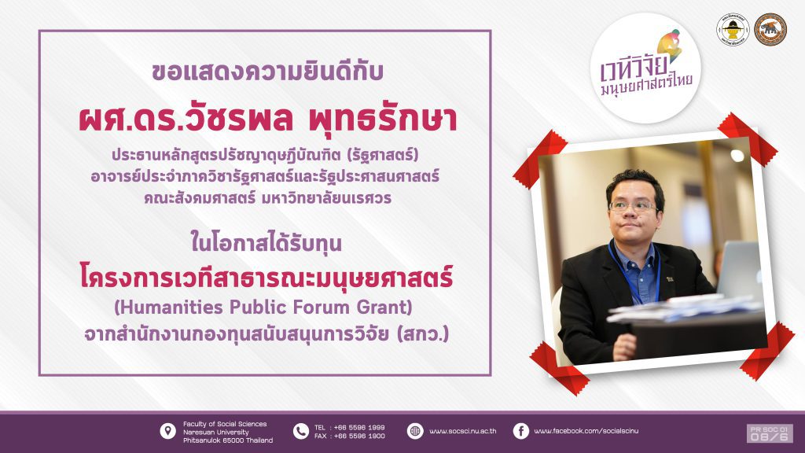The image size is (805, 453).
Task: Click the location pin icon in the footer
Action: coord(168,432)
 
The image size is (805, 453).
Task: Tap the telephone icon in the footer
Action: coord(301,432)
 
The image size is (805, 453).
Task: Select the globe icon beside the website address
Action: coord(415,432)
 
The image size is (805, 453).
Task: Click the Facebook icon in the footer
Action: coord(520,432)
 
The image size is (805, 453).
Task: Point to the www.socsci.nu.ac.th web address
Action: coord(462,432)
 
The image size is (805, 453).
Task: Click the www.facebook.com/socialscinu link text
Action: coord(586,431)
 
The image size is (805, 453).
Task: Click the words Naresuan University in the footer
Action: coord(216,432)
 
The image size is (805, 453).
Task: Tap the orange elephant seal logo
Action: coord(770,30)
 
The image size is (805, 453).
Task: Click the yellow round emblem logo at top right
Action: coord(733,30)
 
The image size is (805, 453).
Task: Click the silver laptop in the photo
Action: coord(740,269)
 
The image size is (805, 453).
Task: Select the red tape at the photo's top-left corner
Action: coord(539,159)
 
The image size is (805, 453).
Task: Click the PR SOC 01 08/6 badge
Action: coord(770,433)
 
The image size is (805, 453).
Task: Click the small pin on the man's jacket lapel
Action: coord(671,279)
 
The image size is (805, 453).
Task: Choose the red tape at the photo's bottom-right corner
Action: coord(767,351)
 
